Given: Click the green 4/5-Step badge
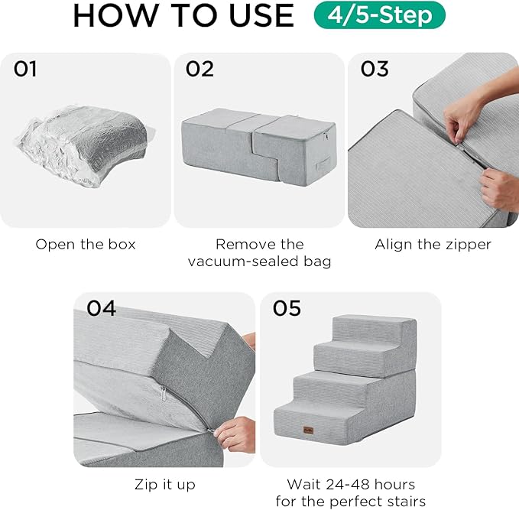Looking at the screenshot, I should pos(379,16).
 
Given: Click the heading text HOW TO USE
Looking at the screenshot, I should pos(183,16).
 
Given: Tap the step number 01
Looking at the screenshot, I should pos(25,70).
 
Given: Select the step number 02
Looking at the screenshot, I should pos(199,70).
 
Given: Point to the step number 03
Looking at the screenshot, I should pos(375,70).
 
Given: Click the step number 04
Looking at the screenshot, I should pos(101,308).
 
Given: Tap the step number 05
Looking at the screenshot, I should pos(287,308).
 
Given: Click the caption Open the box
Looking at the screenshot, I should pos(86,245).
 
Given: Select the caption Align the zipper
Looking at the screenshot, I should pos(433,245).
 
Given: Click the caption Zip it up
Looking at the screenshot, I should pos(164,484).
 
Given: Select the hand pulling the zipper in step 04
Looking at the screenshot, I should pos(233,434).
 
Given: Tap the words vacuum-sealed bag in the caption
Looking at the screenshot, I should pos(259,262).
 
